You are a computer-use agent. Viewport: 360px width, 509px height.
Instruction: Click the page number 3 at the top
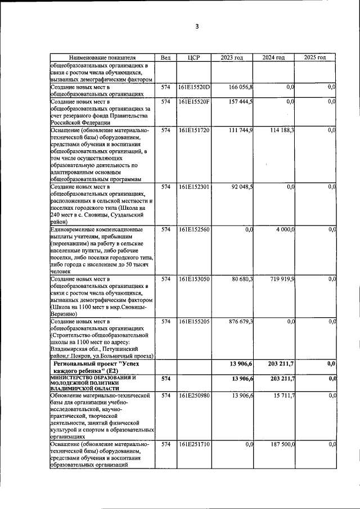click(197, 26)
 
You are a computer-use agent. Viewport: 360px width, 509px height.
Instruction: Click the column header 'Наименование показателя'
click(102, 57)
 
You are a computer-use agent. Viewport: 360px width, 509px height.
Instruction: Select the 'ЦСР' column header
click(193, 57)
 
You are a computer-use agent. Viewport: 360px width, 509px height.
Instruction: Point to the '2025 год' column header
click(315, 57)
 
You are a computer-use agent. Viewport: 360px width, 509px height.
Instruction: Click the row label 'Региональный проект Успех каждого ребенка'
click(102, 368)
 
